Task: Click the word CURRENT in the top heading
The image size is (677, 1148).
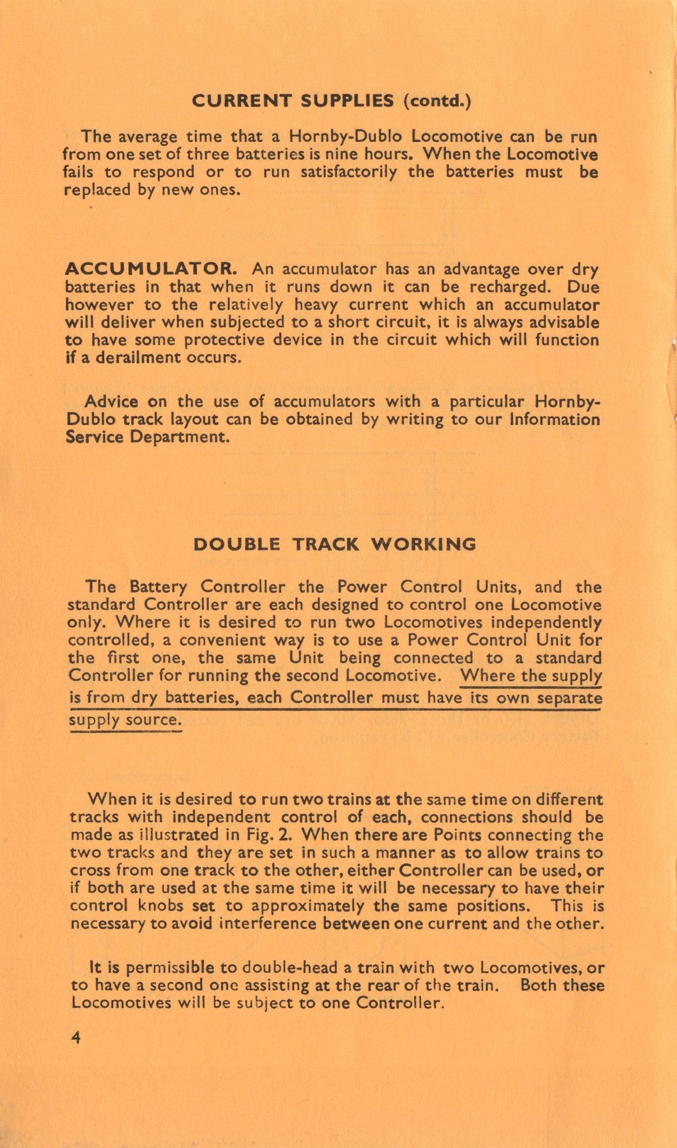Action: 241,101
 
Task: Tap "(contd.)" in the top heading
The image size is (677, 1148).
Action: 437,101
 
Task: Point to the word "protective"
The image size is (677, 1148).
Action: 224,340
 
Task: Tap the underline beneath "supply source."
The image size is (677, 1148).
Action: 125,731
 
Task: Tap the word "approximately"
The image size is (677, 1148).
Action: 308,906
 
